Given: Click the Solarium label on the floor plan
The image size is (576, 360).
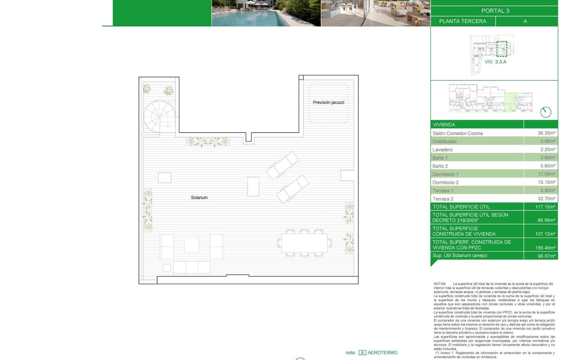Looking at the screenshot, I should [199, 197].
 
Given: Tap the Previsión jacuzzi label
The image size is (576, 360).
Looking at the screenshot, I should [328, 102].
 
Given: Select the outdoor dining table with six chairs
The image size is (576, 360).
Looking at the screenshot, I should [304, 243].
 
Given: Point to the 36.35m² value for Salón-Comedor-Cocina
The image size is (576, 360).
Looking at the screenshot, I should [546, 133].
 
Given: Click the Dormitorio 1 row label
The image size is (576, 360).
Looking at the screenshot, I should [445, 174].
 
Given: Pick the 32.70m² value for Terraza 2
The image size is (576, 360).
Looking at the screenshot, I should [546, 199].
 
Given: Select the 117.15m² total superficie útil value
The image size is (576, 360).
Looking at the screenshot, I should [545, 207].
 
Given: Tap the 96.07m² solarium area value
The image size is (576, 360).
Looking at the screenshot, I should [546, 256].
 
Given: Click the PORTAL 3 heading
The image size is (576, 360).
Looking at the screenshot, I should [495, 11].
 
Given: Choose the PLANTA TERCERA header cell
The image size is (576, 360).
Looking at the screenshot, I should [463, 21].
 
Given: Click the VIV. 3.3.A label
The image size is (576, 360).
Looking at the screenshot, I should [495, 62].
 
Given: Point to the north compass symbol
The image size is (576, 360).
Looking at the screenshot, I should [546, 112].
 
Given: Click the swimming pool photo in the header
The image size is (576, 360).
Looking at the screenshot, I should [266, 13].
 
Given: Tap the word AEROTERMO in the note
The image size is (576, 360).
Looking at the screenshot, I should [382, 352].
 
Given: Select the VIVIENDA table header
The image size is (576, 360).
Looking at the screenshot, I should [444, 124].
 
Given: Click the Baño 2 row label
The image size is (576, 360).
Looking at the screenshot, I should [440, 166].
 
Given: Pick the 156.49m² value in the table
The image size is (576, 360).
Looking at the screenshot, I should [545, 248].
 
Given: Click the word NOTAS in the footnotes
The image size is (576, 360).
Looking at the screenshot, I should [440, 284].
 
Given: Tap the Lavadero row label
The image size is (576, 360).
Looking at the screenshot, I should [442, 150].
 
